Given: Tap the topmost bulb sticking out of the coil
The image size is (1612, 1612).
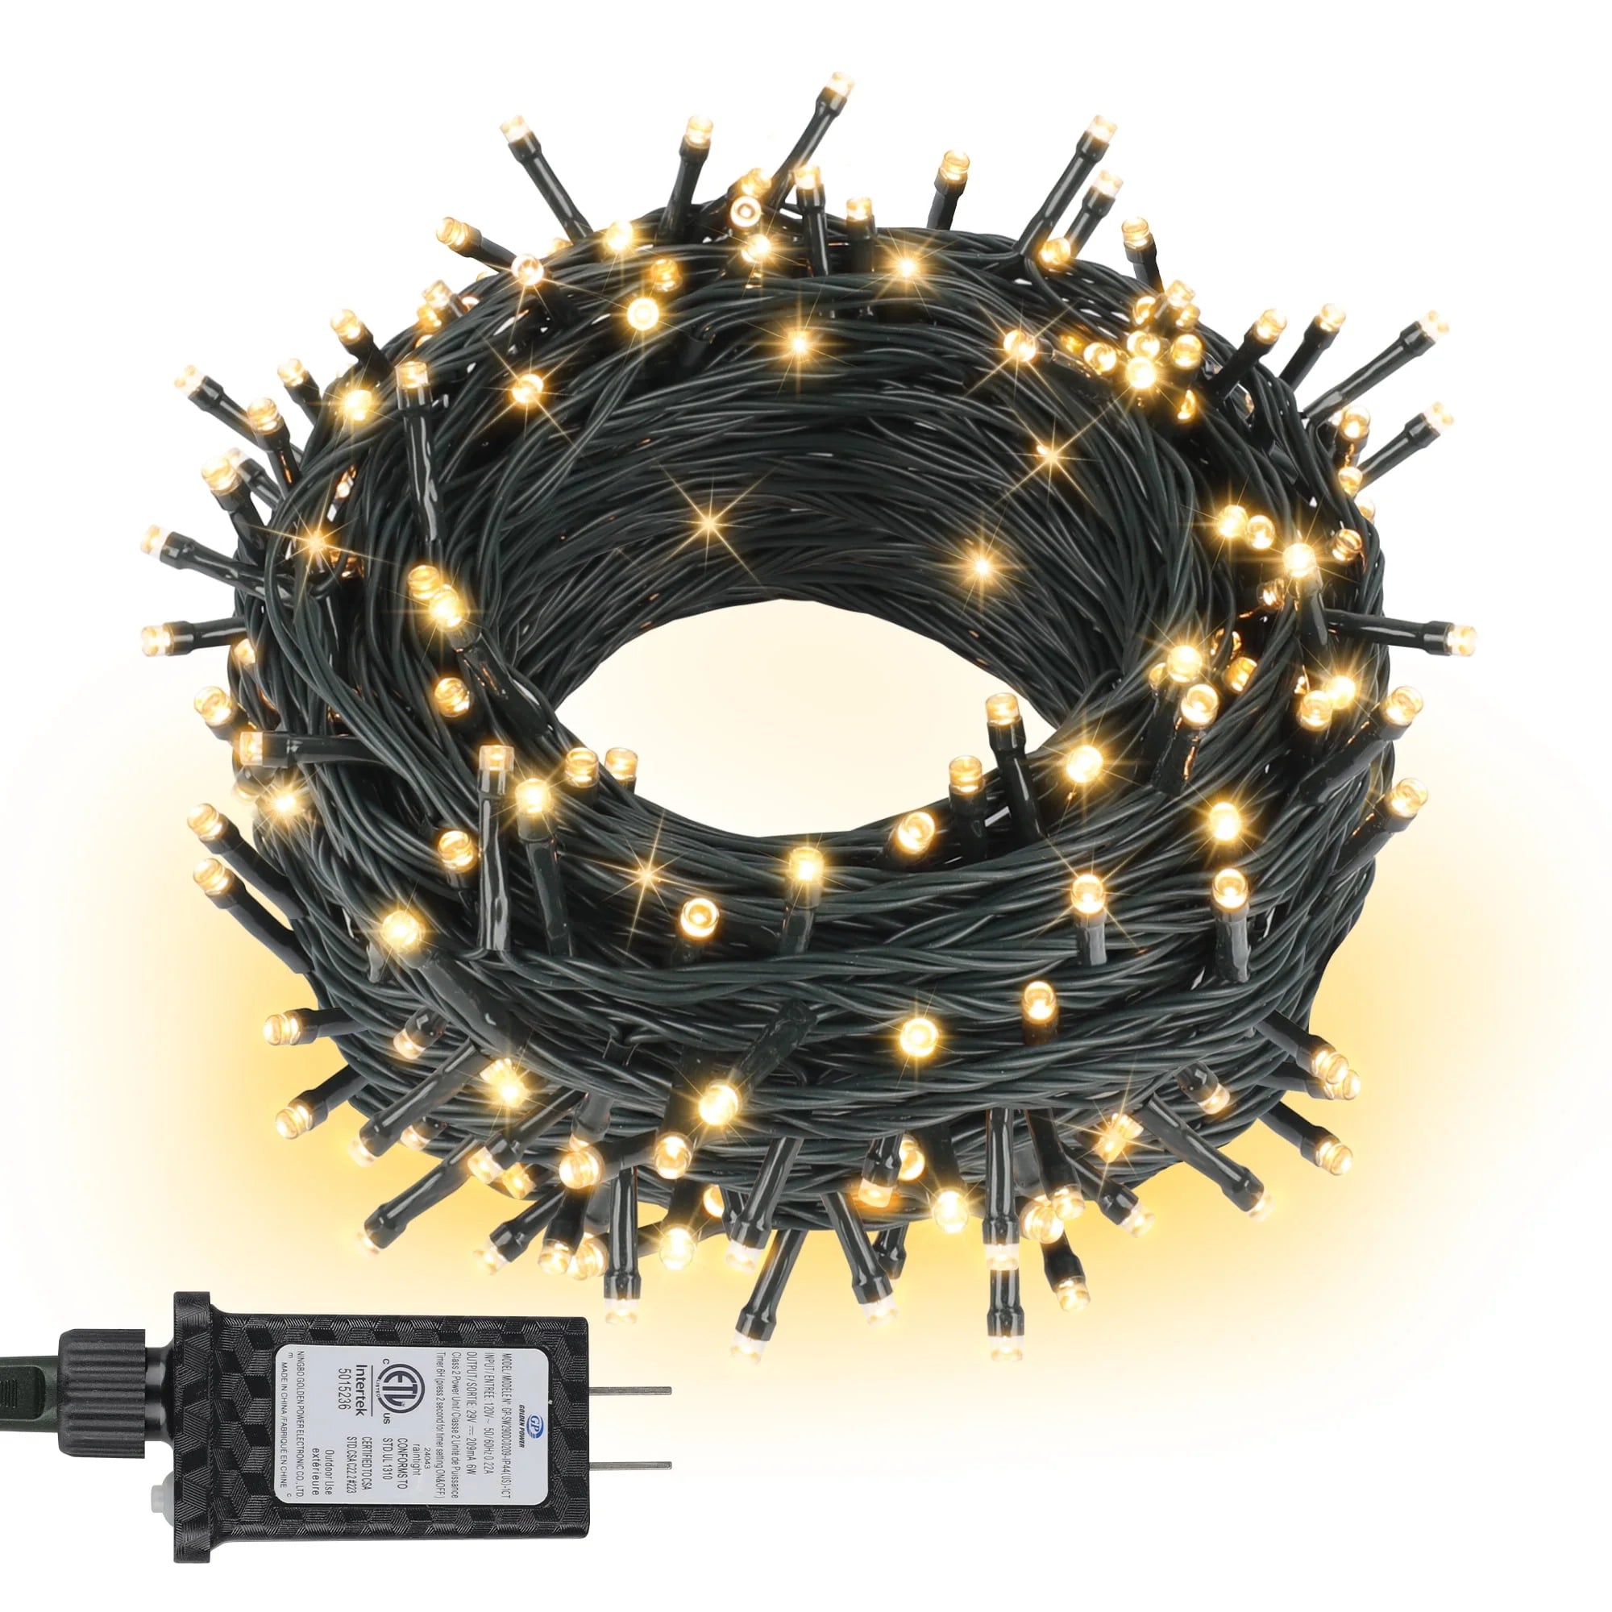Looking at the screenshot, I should point(839,86).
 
